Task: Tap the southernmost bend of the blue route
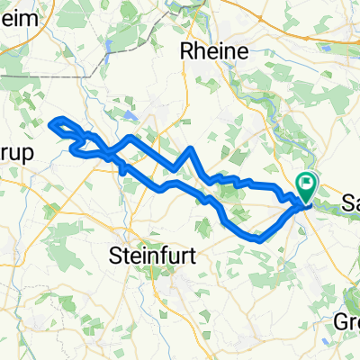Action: tap(258, 240)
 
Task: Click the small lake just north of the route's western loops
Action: tap(131, 115)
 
